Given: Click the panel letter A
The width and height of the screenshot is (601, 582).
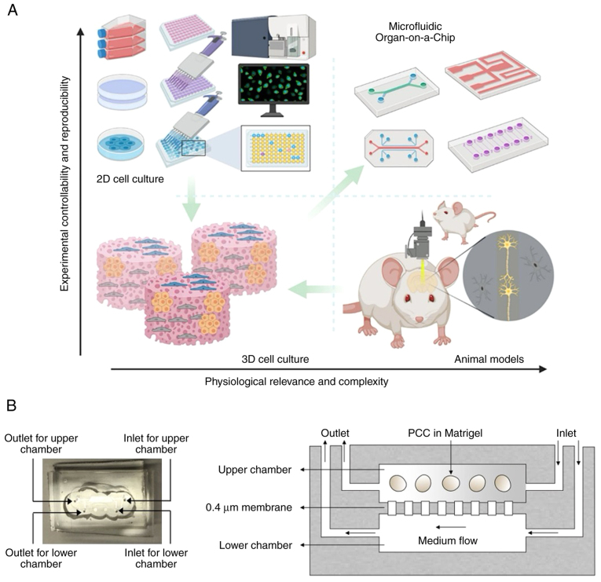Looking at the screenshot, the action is [13, 10].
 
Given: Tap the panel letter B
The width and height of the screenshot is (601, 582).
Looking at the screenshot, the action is [12, 405].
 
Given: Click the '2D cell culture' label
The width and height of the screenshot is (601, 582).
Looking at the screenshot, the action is [130, 179].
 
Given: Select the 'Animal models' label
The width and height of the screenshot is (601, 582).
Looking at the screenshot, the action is [489, 359].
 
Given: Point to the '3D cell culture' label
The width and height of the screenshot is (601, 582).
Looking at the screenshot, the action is [275, 359].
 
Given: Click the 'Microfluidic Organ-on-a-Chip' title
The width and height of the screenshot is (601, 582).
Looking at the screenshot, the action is [415, 31].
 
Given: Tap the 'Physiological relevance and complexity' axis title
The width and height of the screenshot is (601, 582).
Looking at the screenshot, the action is [296, 382].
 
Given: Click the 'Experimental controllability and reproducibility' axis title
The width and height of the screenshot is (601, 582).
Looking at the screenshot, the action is [64, 184].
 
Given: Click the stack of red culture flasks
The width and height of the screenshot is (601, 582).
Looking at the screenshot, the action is [122, 37].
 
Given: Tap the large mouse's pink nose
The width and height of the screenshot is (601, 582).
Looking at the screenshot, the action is [420, 319].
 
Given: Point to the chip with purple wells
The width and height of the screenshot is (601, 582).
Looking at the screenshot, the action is [498, 144].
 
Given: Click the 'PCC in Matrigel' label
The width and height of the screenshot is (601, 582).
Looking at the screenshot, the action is [445, 433].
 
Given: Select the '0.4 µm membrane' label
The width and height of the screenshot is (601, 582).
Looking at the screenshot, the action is [249, 507].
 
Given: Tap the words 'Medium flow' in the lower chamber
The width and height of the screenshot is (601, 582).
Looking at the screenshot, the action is [448, 540].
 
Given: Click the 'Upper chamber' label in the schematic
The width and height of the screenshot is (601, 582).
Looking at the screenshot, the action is [255, 470].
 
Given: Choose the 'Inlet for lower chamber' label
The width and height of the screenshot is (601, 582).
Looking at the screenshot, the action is [156, 558].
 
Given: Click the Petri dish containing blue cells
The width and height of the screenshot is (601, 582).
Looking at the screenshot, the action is [121, 144].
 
